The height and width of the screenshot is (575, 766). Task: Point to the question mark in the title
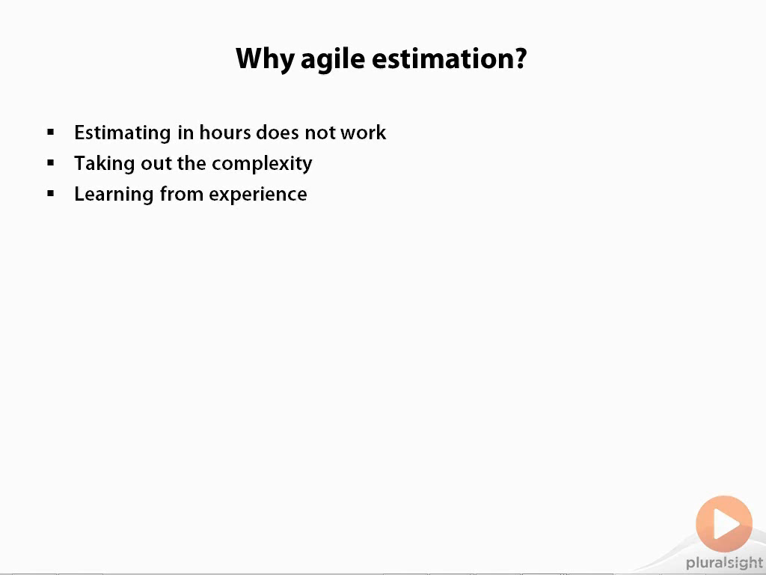coord(519,58)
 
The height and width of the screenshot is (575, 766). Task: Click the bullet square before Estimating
coord(51,132)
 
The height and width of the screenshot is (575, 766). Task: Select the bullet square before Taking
coord(51,162)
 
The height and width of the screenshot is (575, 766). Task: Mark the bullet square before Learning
coord(51,194)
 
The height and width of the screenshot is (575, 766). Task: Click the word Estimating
coord(123,133)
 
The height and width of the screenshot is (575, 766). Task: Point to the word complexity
coord(262,164)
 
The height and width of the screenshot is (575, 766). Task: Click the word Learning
coord(114,195)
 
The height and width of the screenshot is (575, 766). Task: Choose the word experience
coord(258,195)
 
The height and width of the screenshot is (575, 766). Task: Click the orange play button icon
coord(724,523)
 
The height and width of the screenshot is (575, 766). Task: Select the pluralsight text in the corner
coord(724,563)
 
